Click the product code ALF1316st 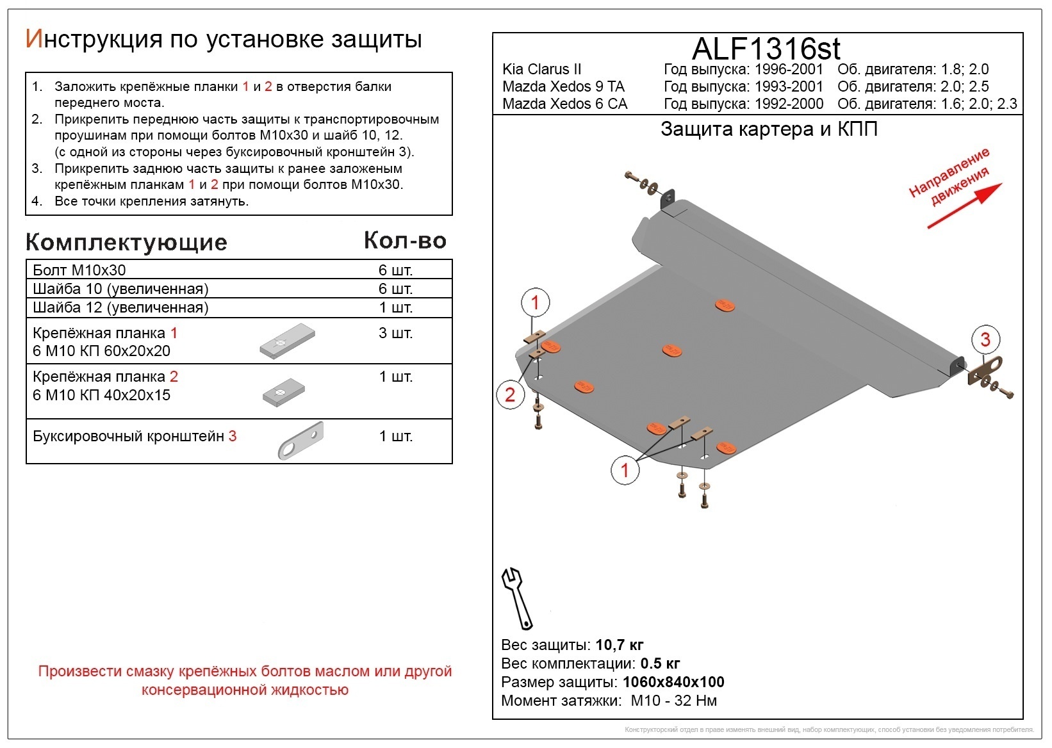pyautogui.click(x=766, y=49)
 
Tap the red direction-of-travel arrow pyautogui.click(x=964, y=206)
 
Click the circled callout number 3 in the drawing pyautogui.click(x=985, y=339)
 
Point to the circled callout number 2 pyautogui.click(x=510, y=394)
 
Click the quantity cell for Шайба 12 pyautogui.click(x=395, y=307)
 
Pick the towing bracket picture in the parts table pyautogui.click(x=301, y=440)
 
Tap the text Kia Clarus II pyautogui.click(x=542, y=69)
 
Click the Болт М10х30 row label pyautogui.click(x=79, y=270)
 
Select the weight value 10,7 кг pyautogui.click(x=619, y=645)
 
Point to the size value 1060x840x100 pyautogui.click(x=673, y=682)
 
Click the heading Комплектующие pyautogui.click(x=126, y=242)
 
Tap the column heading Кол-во pyautogui.click(x=405, y=240)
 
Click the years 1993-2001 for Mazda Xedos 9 pyautogui.click(x=789, y=86)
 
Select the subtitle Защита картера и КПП pyautogui.click(x=769, y=129)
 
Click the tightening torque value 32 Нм pyautogui.click(x=696, y=701)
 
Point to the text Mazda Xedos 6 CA pyautogui.click(x=564, y=104)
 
